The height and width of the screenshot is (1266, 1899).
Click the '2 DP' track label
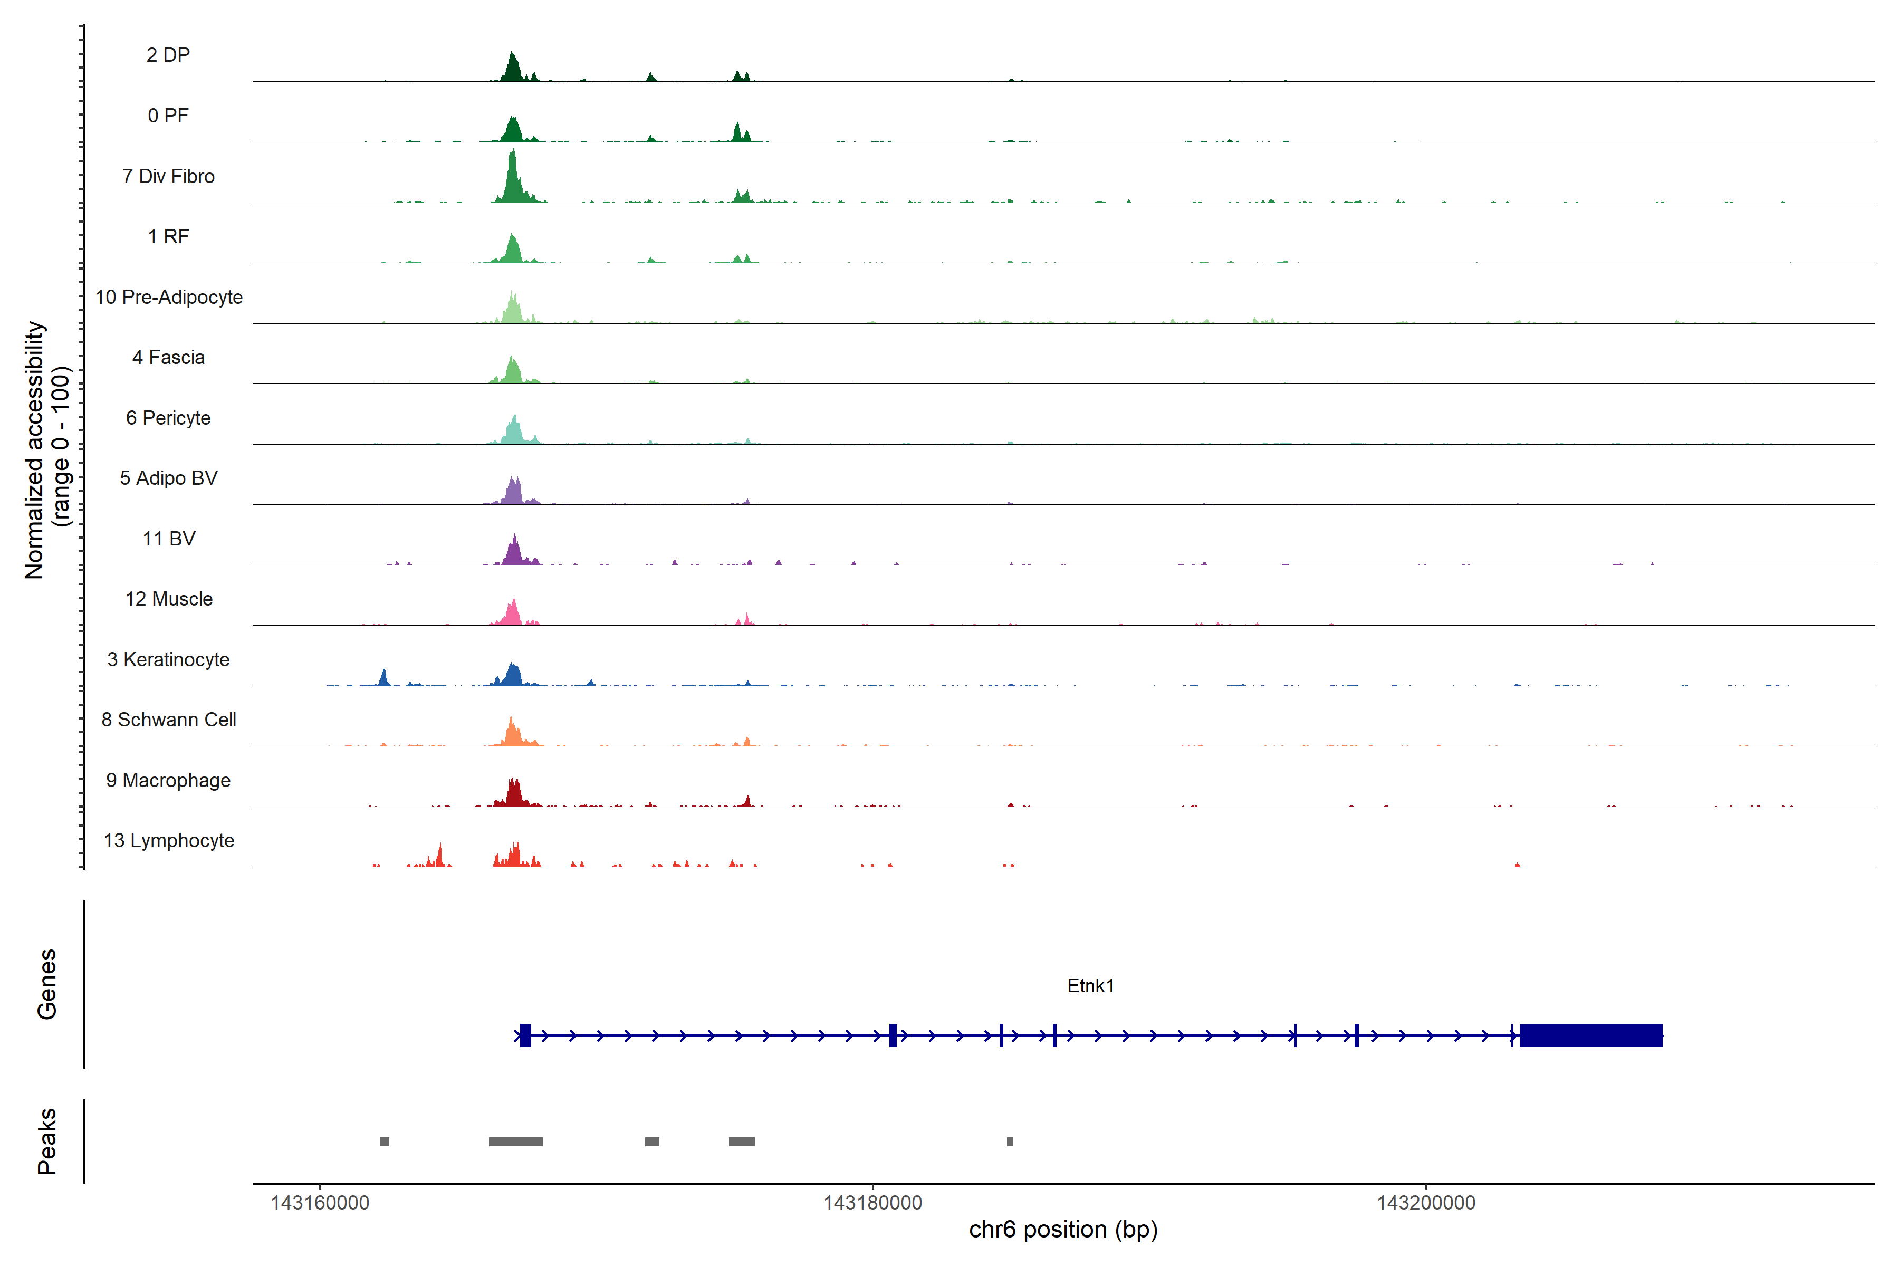point(168,55)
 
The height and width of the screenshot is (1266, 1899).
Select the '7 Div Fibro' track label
point(168,176)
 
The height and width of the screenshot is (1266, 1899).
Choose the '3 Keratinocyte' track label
point(168,660)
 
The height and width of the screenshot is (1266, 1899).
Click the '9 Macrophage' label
point(168,780)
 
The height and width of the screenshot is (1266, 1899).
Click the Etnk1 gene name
point(1090,986)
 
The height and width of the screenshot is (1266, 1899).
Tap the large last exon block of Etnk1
point(1590,1035)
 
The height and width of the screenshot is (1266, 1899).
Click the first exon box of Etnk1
point(525,1035)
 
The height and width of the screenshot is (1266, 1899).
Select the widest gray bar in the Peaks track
point(515,1142)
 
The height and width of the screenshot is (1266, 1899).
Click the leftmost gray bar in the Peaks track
point(385,1142)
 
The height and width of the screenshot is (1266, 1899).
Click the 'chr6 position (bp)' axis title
point(1062,1230)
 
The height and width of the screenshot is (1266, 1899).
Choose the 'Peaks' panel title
point(47,1141)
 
